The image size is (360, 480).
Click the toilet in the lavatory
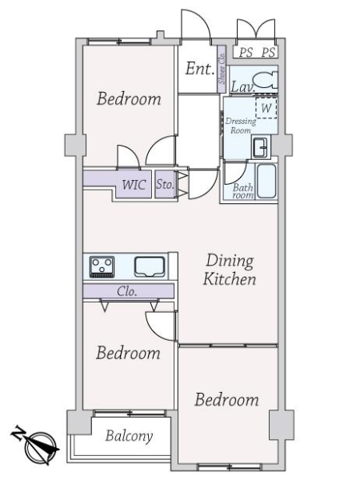(x=266, y=81)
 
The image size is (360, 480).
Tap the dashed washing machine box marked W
(x=266, y=107)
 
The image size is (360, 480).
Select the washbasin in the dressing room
(x=261, y=147)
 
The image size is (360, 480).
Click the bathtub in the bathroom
(x=266, y=182)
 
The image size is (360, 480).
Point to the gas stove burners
(x=102, y=266)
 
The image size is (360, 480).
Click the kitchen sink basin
(x=150, y=267)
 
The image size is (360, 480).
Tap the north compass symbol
(x=36, y=444)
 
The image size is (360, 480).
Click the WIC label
(x=134, y=185)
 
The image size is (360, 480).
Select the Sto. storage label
(x=165, y=184)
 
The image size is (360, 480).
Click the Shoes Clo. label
(x=222, y=68)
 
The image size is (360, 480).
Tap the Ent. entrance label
(x=199, y=69)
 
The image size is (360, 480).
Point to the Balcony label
(x=129, y=436)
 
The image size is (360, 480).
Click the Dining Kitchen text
(x=230, y=270)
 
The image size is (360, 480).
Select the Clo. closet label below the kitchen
(x=126, y=291)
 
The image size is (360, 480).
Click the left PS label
(x=246, y=53)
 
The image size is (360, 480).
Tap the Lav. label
(x=242, y=87)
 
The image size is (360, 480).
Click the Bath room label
(x=243, y=191)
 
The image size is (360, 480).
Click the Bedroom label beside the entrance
(x=129, y=99)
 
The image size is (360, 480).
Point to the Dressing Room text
(x=241, y=126)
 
